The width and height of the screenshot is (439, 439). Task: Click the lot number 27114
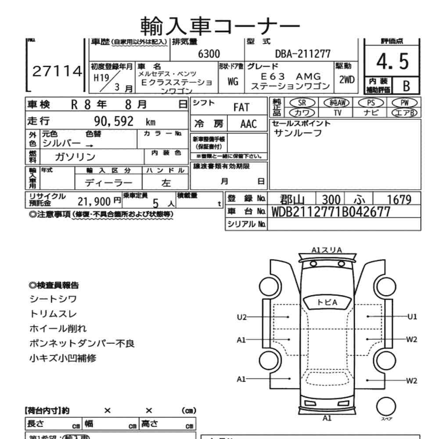(58, 72)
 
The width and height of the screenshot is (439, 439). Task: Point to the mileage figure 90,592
(114, 122)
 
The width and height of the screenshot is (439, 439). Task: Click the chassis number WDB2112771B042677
(331, 212)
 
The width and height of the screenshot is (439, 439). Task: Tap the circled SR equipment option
(302, 102)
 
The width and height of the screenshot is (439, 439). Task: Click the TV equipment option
(338, 112)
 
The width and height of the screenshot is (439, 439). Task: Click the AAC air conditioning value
(248, 123)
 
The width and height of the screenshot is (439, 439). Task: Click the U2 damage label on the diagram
(242, 317)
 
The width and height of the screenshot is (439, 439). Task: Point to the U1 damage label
(412, 317)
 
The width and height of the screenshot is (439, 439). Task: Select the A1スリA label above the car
(327, 250)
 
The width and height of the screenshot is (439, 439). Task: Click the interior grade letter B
(406, 86)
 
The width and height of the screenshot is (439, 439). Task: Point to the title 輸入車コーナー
(220, 25)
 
